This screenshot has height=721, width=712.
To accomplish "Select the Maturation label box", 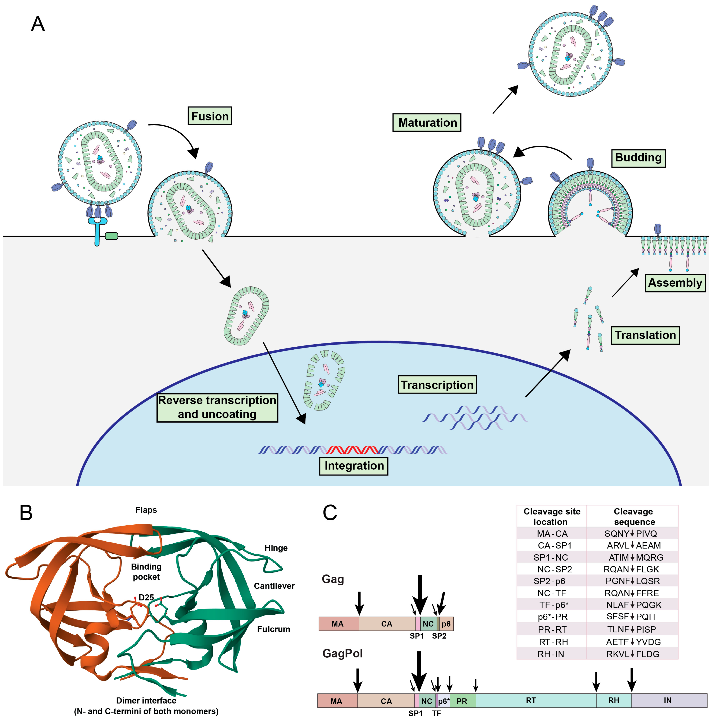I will click(427, 122).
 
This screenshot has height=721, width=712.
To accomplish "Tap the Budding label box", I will click(638, 158).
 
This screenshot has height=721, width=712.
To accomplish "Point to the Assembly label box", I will click(675, 283).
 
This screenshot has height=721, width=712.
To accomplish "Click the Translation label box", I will click(645, 335).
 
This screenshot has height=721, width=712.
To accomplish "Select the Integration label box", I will click(354, 466).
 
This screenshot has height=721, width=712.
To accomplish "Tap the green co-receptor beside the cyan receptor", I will click(111, 236).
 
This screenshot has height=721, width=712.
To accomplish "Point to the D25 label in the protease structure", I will click(146, 597).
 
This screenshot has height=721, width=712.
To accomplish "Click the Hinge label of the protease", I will click(276, 548).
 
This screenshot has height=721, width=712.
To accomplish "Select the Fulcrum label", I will click(273, 629).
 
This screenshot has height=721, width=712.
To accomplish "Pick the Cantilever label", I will click(274, 586).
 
